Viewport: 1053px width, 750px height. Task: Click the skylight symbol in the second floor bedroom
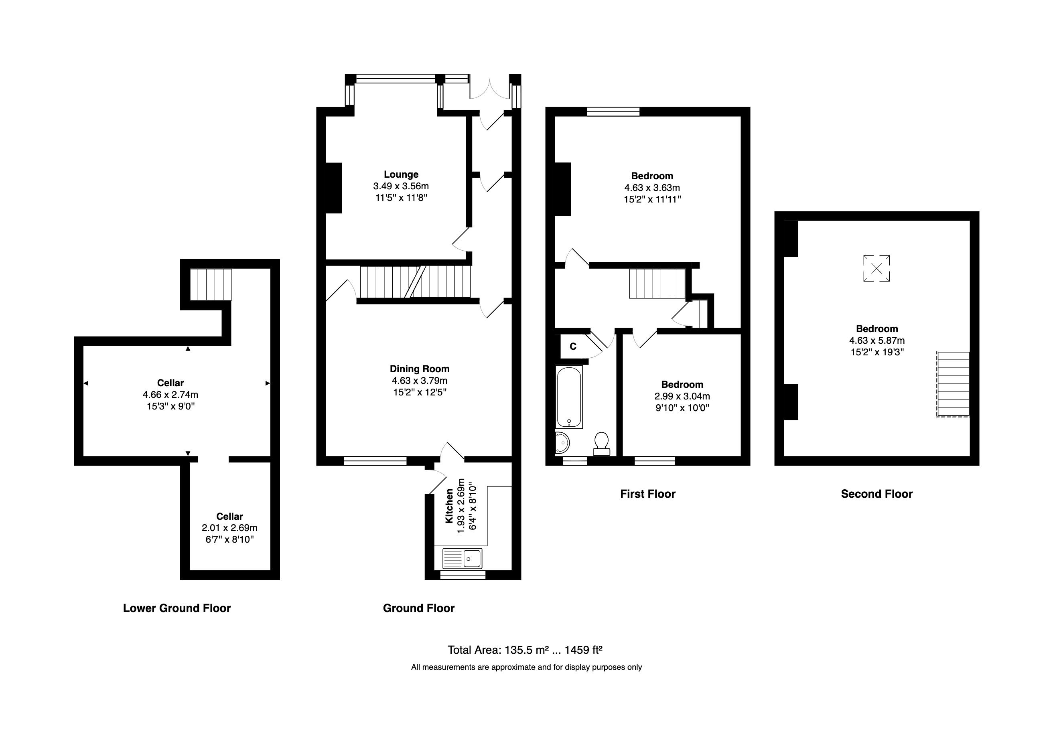tap(876, 268)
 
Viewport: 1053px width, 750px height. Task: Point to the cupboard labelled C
tap(573, 347)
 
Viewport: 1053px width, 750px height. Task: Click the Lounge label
tap(401, 174)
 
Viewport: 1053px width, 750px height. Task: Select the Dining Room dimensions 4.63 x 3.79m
tap(419, 381)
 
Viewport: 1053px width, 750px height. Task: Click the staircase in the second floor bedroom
tap(953, 384)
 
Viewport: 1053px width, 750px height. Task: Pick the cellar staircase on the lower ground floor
tap(211, 284)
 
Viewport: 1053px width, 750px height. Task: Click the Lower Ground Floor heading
tap(177, 608)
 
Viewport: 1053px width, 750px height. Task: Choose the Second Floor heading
tap(876, 494)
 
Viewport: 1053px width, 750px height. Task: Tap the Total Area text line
tap(525, 650)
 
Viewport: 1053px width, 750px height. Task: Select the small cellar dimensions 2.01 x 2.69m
tap(229, 527)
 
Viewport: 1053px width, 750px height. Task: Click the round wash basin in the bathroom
tap(562, 443)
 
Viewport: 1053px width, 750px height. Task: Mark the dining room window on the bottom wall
tap(375, 460)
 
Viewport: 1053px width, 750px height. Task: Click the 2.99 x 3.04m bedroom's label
tap(682, 384)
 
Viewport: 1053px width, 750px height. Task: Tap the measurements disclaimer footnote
tap(526, 667)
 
